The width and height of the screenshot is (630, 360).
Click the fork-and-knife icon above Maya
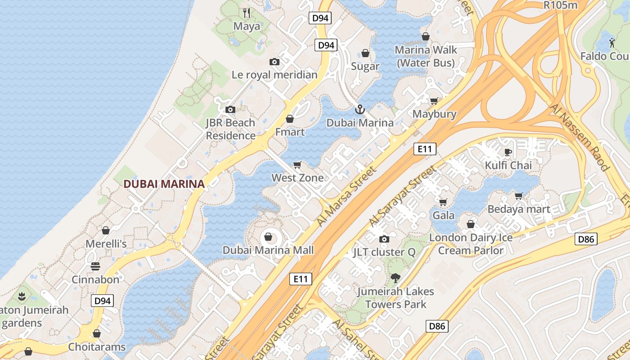tap(246, 13)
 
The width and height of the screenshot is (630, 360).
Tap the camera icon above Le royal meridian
tap(274, 62)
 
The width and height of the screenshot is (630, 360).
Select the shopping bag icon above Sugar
tap(365, 53)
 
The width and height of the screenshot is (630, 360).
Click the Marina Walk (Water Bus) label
tap(426, 56)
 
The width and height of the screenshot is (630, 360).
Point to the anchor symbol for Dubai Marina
tap(360, 109)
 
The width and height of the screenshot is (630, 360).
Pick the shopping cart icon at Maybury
tap(434, 101)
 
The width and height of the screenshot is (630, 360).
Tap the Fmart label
tap(290, 132)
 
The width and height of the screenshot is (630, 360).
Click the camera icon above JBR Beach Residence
tap(230, 109)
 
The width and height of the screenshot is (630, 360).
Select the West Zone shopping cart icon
tap(297, 165)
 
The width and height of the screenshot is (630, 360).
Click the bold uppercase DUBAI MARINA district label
tap(164, 184)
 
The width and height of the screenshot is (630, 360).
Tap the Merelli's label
tap(106, 243)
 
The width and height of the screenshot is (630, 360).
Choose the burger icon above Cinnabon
tap(95, 266)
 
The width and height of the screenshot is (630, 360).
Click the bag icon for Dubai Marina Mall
tap(268, 237)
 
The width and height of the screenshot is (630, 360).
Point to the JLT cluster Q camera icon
tap(384, 239)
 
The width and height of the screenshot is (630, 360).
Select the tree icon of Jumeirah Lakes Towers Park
tap(396, 278)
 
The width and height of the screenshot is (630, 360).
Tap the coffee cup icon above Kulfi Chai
tap(508, 152)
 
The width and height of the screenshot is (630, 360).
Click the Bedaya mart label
tap(519, 209)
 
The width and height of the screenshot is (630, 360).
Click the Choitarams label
tap(97, 347)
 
